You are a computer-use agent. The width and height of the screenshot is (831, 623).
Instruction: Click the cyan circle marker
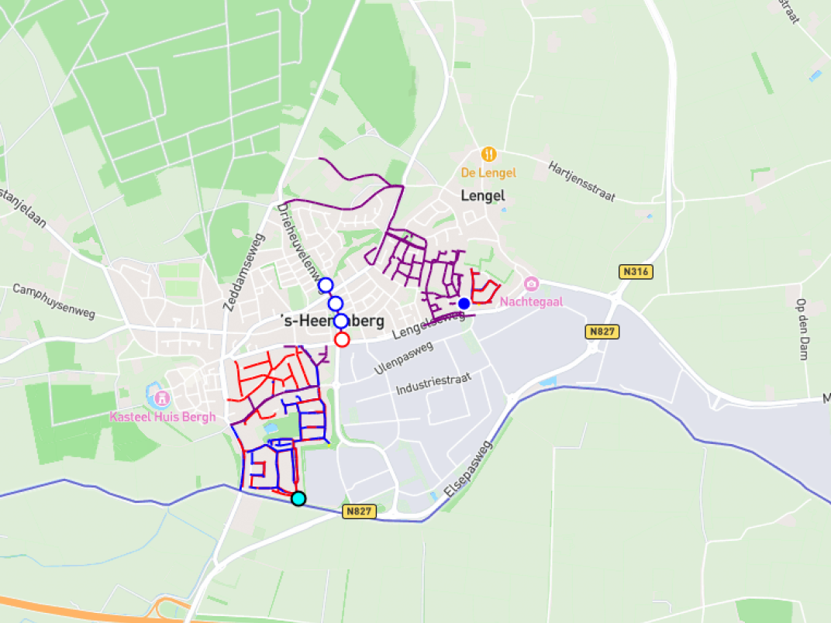pyautogui.click(x=298, y=498)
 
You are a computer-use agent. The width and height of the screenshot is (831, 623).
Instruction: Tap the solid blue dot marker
pyautogui.click(x=464, y=303)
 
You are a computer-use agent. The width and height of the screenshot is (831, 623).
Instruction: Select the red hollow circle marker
pyautogui.click(x=342, y=339)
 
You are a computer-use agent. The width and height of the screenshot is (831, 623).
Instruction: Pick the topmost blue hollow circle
pyautogui.click(x=326, y=285)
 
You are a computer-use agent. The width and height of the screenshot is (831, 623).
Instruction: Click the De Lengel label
pyautogui.click(x=488, y=173)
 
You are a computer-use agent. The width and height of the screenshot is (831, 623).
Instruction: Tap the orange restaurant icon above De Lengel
pyautogui.click(x=488, y=153)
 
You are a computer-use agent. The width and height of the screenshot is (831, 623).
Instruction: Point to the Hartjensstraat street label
pyautogui.click(x=581, y=181)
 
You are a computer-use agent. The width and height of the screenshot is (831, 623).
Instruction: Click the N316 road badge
pyautogui.click(x=636, y=272)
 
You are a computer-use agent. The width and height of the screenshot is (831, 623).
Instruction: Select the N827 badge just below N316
pyautogui.click(x=602, y=332)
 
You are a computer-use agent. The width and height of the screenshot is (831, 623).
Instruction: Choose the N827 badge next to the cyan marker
pyautogui.click(x=360, y=511)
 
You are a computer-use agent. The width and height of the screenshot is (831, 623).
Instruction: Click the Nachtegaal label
pyautogui.click(x=532, y=301)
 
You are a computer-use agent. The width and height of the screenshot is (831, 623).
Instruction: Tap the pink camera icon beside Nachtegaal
pyautogui.click(x=531, y=284)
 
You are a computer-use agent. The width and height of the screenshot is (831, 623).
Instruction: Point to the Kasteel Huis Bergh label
pyautogui.click(x=162, y=417)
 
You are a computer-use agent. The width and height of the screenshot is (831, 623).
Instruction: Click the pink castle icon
pyautogui.click(x=162, y=398)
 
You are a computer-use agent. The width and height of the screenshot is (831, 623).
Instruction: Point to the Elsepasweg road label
pyautogui.click(x=468, y=470)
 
